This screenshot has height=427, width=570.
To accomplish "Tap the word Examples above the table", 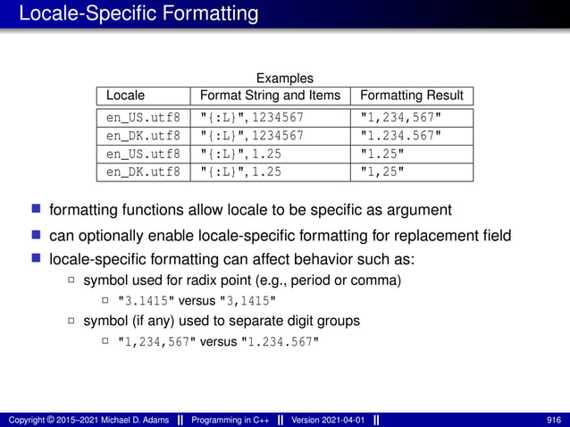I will (285, 79).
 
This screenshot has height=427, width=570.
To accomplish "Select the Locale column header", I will (125, 96).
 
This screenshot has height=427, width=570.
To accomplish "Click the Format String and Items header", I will (270, 96).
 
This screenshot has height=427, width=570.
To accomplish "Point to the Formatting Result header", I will (411, 96).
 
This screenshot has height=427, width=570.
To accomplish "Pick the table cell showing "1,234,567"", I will (400, 117).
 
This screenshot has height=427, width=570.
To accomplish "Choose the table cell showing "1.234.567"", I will (400, 136).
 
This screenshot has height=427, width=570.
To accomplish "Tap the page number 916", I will (554, 419).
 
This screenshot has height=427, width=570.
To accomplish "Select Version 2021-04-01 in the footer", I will (328, 419).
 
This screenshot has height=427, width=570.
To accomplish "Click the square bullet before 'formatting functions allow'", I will (36, 210).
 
